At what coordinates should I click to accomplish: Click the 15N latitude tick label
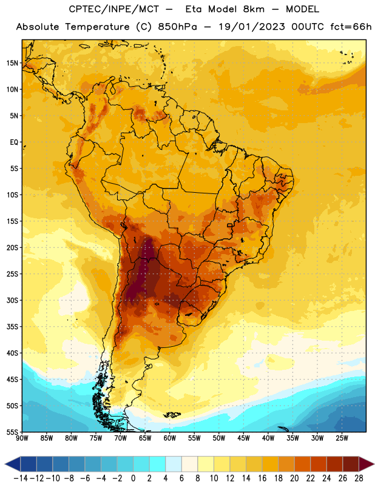12,63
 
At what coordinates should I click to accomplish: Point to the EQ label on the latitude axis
14,142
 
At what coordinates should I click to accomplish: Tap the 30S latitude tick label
12,300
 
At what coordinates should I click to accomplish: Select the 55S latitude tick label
12,432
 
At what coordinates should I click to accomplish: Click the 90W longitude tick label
22,438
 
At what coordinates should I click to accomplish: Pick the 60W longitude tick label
170,438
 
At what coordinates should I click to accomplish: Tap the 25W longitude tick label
342,438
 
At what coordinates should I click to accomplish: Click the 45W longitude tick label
243,438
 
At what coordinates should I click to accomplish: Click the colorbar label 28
359,478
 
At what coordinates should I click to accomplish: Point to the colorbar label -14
21,478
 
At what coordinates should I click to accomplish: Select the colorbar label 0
133,478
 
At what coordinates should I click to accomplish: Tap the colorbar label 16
262,478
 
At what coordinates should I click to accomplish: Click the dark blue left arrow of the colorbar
13,464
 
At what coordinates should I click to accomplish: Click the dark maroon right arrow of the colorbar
367,464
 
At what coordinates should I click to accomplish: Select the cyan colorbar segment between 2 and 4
157,464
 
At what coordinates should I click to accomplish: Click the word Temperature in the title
97,27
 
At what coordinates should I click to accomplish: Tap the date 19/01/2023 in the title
252,27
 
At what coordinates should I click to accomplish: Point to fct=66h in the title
351,27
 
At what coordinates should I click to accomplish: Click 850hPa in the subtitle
177,27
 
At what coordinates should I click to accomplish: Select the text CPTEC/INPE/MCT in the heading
113,9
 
